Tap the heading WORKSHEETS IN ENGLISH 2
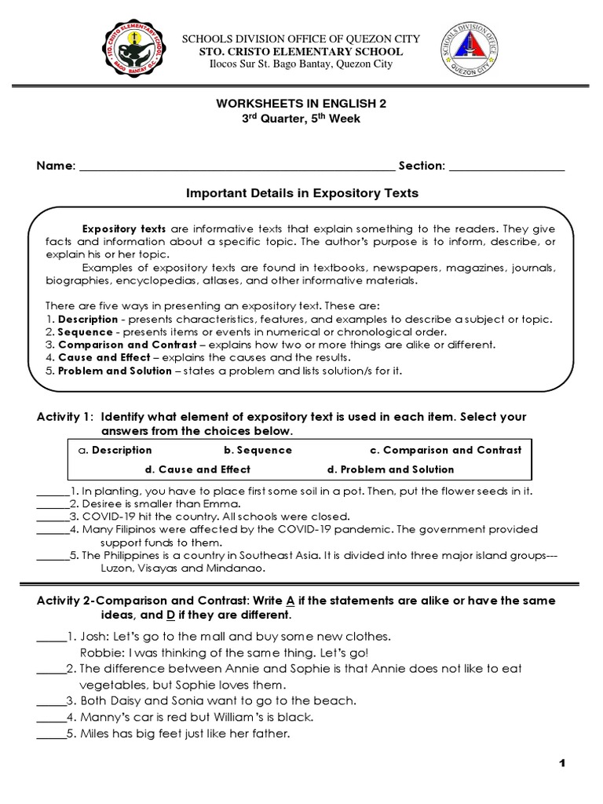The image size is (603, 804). tap(301, 103)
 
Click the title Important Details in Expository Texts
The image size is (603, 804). tap(301, 193)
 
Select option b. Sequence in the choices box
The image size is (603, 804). tap(258, 450)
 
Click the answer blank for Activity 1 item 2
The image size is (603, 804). tap(53, 504)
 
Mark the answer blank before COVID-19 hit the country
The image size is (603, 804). tap(53, 517)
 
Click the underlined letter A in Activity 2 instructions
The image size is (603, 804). tap(290, 601)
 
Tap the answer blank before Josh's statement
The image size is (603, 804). tap(51, 637)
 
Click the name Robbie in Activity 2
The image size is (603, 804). tap(100, 652)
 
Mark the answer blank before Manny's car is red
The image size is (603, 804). tap(51, 718)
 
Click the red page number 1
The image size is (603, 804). tap(562, 763)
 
